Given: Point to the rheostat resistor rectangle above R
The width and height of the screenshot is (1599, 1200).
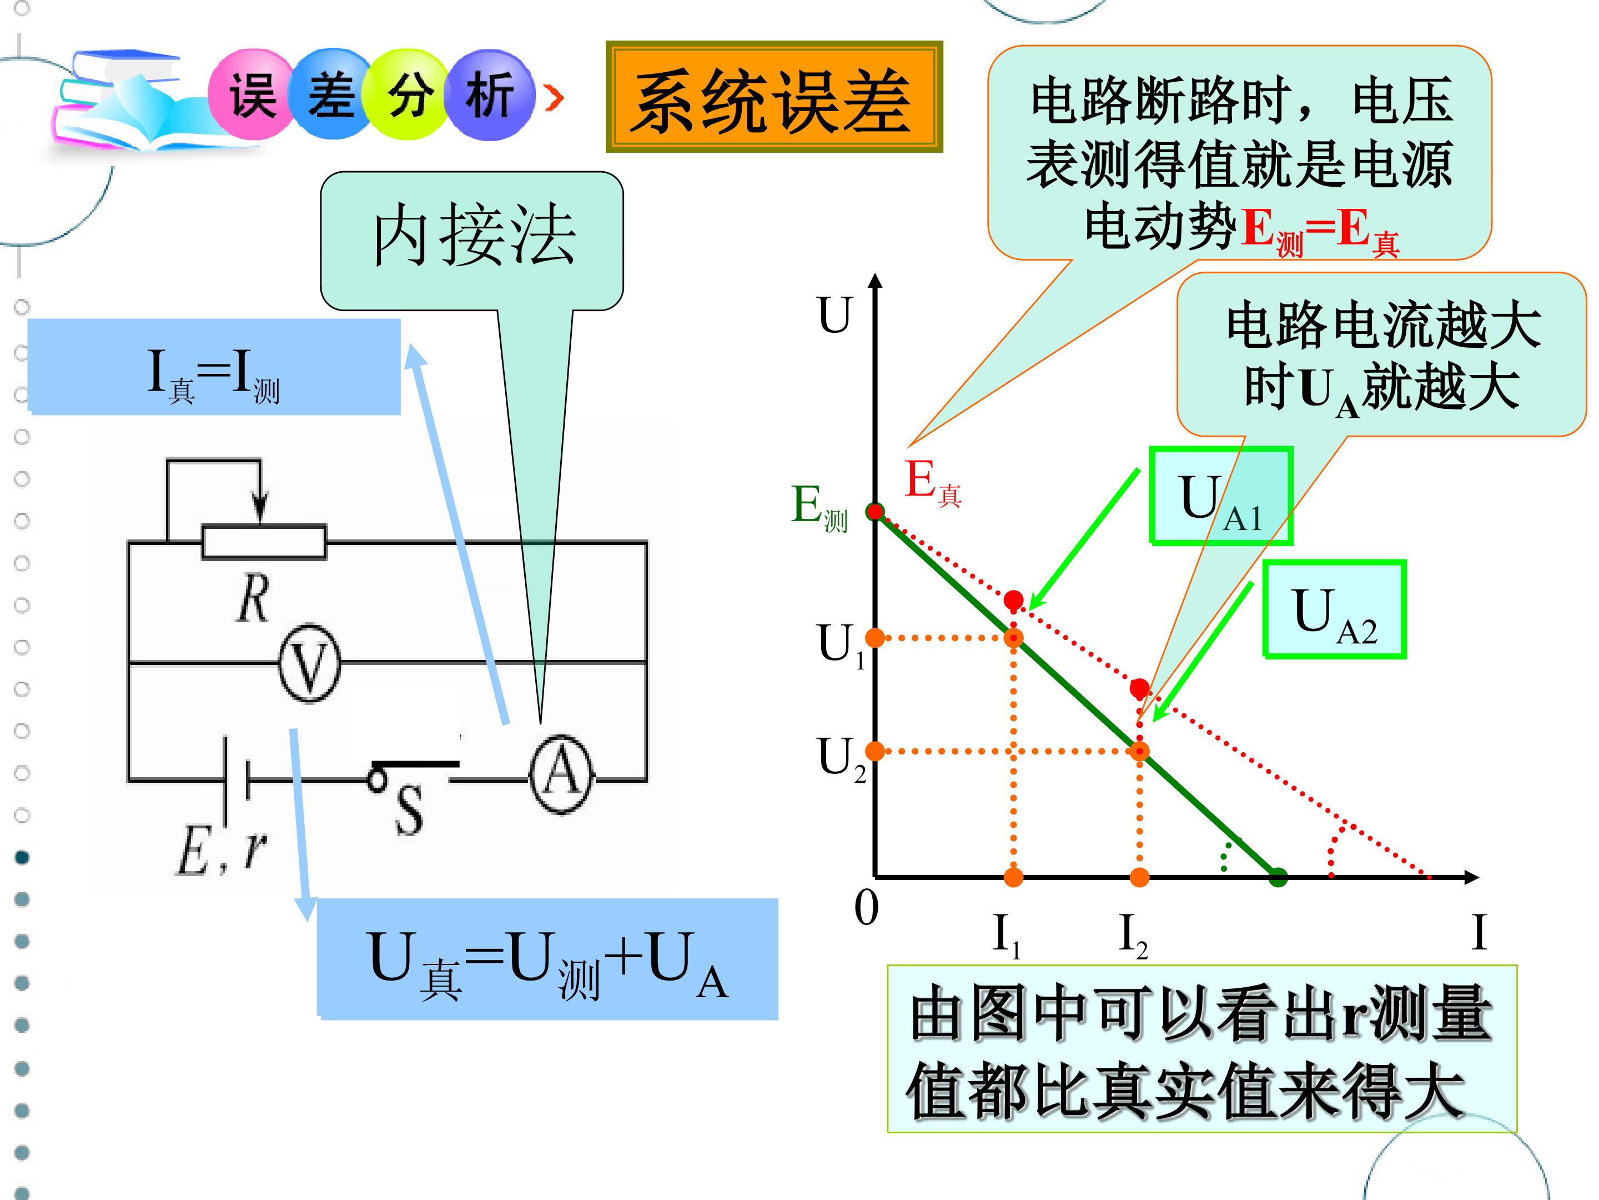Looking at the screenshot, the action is tap(264, 542).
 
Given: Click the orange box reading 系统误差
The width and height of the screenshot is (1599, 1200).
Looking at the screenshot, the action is tap(774, 96).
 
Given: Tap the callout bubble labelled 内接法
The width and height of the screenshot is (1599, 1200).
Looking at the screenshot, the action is tap(472, 241).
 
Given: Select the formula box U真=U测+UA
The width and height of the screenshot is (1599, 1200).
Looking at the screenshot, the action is tap(547, 958).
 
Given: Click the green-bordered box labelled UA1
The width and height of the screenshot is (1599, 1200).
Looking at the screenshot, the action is tap(1221, 496).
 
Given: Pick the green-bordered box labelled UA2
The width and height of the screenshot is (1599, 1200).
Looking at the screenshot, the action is tap(1334, 609).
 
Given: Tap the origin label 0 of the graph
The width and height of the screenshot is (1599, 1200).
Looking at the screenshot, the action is tap(866, 908).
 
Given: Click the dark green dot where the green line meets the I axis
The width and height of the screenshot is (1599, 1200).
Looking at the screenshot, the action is tap(1278, 877).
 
